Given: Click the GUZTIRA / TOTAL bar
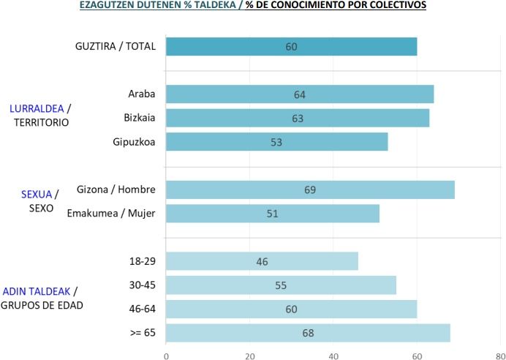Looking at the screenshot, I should (x=291, y=46).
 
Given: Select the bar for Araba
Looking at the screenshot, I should (x=300, y=94).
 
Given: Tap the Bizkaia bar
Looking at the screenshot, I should (x=298, y=119).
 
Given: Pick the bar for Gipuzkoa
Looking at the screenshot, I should (x=276, y=142).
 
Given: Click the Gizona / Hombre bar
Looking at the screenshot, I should (x=310, y=190).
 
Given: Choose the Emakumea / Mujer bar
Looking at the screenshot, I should (x=273, y=214).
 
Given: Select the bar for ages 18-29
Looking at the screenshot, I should (x=262, y=261).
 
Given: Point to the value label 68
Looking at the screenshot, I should (x=308, y=334).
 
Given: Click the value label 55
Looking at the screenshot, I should (x=281, y=285).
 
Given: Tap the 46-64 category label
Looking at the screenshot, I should (x=143, y=310).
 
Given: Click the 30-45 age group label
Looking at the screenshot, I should (x=143, y=285).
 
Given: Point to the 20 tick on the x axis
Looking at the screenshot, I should (x=249, y=355).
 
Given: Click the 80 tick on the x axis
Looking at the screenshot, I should (x=499, y=355).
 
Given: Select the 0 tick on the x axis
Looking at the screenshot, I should (x=167, y=355).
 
